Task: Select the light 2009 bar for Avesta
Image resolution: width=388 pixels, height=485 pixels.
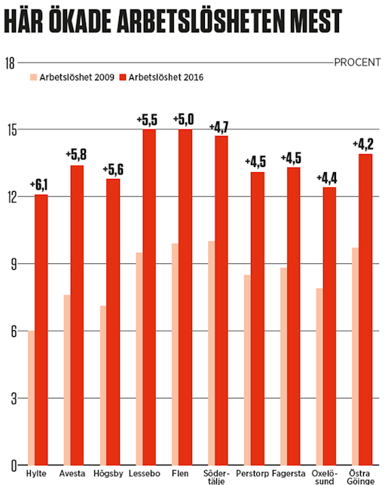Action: (x=68, y=380)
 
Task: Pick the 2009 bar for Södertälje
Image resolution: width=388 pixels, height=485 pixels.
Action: (x=212, y=353)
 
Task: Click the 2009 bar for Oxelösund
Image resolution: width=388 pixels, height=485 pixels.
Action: (x=320, y=376)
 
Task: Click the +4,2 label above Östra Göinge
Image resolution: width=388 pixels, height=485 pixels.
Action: (x=365, y=143)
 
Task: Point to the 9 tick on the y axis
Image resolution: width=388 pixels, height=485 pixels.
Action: (x=12, y=264)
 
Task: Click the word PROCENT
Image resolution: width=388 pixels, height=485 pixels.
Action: (x=357, y=62)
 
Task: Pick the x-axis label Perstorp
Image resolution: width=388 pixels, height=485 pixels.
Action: (x=252, y=474)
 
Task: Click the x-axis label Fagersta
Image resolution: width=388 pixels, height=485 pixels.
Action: (x=289, y=474)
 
